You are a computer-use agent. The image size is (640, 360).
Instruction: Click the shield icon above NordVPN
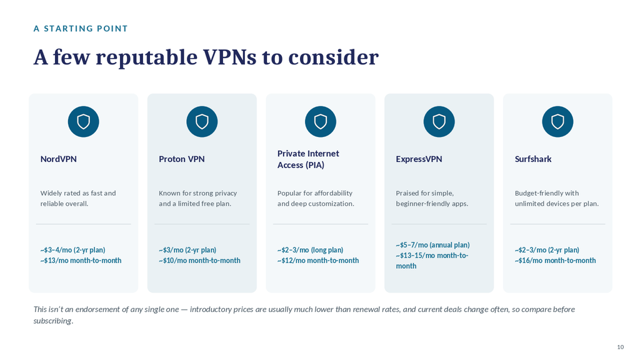pos(83,122)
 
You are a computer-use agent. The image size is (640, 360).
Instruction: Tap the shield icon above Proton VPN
pos(202,122)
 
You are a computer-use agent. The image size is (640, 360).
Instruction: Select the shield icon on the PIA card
pos(321,122)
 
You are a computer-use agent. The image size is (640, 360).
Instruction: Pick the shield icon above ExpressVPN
pos(439,122)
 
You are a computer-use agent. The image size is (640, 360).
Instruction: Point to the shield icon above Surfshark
pos(557,122)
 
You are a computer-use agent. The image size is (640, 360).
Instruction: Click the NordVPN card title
pos(58,159)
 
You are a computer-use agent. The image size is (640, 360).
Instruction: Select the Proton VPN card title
pos(182,159)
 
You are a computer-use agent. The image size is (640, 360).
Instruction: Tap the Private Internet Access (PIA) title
pos(308,159)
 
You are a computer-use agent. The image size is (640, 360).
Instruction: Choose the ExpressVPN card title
pos(419,159)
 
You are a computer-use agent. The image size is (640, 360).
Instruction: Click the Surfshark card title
pos(533,159)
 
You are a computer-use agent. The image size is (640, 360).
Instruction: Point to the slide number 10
pos(621,347)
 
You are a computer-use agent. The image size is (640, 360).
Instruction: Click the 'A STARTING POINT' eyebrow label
pos(81,29)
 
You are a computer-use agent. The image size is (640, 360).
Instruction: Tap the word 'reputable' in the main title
pos(146,57)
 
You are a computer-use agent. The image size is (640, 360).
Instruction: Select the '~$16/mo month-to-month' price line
pos(555,261)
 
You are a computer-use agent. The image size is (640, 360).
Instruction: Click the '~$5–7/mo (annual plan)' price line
pos(432,245)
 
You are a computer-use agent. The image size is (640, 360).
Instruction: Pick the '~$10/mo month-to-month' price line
pos(199,261)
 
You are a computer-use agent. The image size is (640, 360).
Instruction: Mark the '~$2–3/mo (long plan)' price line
pos(310,250)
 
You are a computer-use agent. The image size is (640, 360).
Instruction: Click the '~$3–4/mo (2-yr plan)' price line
pos(72,250)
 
